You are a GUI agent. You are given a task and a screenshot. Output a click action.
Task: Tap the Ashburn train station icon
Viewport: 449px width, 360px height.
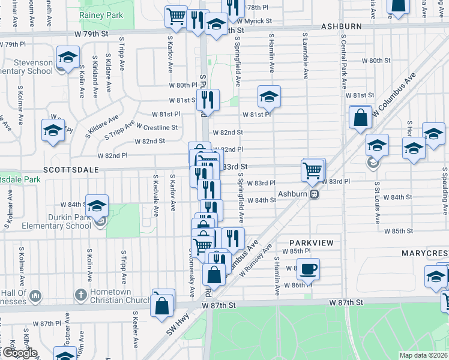[x=313, y=194]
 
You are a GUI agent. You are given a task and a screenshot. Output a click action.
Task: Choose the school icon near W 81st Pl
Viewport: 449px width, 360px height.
[x=270, y=96]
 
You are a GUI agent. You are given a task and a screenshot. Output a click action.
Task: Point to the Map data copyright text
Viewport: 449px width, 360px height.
[x=423, y=355]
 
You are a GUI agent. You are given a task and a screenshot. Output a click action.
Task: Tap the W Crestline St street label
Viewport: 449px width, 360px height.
[x=157, y=127]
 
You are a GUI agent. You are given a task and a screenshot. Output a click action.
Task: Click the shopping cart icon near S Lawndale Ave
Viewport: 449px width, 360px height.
[x=313, y=170]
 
